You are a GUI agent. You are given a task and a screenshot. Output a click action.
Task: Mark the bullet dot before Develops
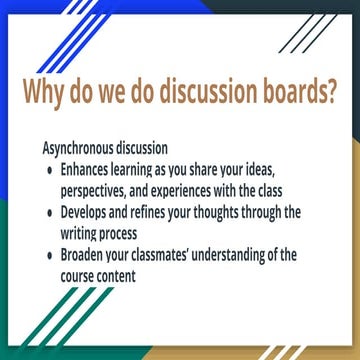(51, 213)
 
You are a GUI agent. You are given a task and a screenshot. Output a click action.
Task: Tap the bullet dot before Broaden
(51, 257)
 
